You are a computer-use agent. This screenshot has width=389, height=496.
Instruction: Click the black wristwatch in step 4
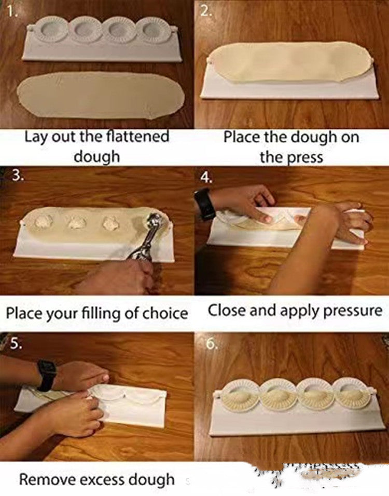(205, 204)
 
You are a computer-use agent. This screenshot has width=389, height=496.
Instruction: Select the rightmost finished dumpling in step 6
(351, 398)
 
